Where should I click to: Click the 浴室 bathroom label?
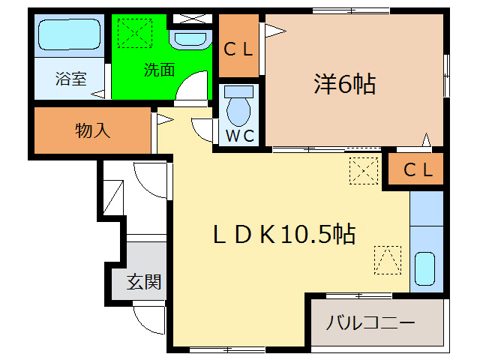pyautogui.click(x=71, y=77)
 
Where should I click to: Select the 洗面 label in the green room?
pyautogui.click(x=159, y=70)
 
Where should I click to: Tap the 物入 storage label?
pyautogui.click(x=93, y=130)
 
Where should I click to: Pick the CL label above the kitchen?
pyautogui.click(x=418, y=170)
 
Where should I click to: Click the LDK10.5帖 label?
pyautogui.click(x=283, y=235)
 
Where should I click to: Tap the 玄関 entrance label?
pyautogui.click(x=143, y=282)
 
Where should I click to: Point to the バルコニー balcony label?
pyautogui.click(x=370, y=324)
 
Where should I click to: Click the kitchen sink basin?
pyautogui.click(x=425, y=268)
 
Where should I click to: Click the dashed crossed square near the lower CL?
pyautogui.click(x=364, y=170)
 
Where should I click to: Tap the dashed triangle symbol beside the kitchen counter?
pyautogui.click(x=387, y=260)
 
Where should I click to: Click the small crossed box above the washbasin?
pyautogui.click(x=184, y=18)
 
